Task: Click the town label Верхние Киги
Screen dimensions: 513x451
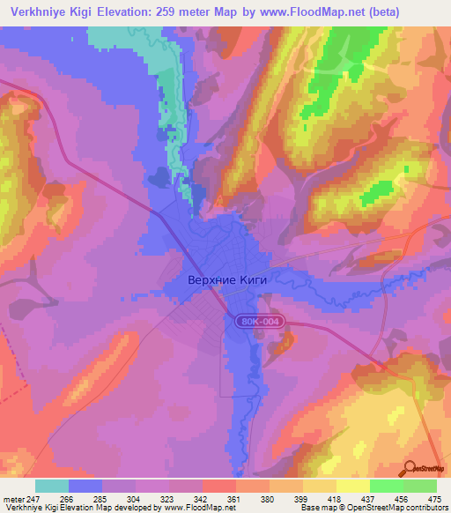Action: click(x=226, y=279)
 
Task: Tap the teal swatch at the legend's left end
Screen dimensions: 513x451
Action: click(x=52, y=486)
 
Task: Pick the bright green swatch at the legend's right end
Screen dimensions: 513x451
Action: click(x=419, y=486)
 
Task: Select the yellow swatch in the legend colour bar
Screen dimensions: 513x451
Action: click(x=352, y=486)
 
